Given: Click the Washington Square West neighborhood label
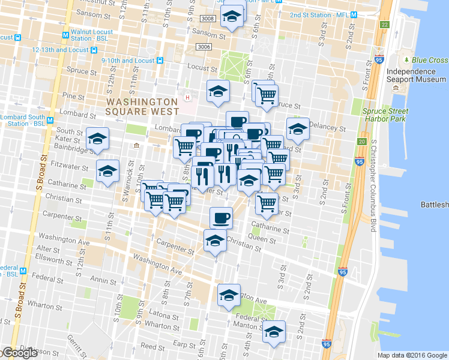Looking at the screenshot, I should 142,107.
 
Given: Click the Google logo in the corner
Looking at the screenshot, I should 19,353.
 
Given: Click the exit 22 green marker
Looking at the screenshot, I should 384,25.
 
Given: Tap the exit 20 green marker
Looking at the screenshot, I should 361,142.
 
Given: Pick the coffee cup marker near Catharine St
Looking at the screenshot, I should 221,217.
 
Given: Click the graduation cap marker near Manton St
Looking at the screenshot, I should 274,331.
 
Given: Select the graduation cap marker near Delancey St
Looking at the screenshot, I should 298,128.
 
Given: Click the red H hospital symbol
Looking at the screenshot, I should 187,97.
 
